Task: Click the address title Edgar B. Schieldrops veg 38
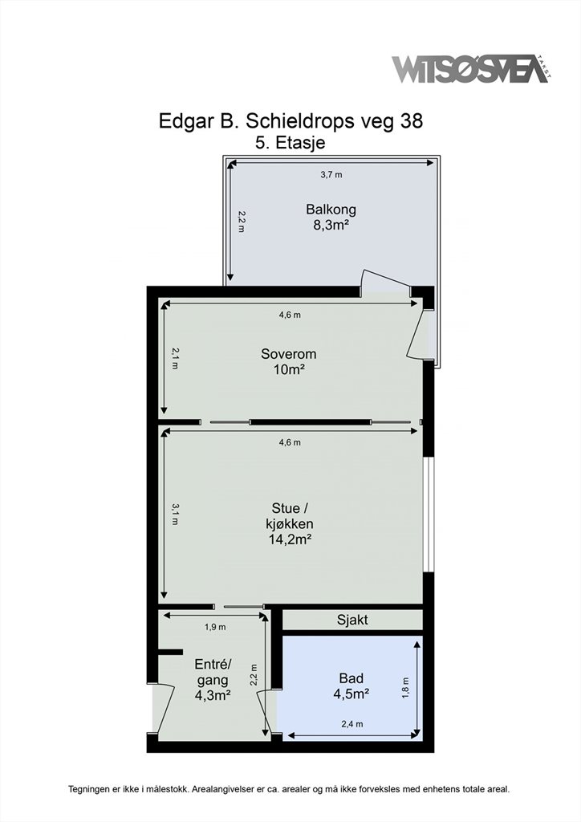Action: point(290,121)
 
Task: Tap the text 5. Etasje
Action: point(290,143)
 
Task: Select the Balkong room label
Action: point(331,210)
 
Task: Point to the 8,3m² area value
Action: point(331,226)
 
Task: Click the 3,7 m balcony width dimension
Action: point(331,174)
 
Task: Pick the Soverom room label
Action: point(289,354)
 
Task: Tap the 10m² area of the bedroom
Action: point(289,369)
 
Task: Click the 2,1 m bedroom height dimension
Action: point(174,359)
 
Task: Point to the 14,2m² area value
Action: point(290,539)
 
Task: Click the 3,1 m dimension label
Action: point(174,515)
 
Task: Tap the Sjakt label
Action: point(352,620)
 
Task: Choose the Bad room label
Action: point(351,678)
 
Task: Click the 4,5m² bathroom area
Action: point(351,694)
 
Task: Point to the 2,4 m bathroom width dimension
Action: point(352,725)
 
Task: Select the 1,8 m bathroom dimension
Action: point(405,687)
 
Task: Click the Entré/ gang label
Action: point(213,672)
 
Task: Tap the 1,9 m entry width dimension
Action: point(215,627)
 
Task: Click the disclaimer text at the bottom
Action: point(289,789)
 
